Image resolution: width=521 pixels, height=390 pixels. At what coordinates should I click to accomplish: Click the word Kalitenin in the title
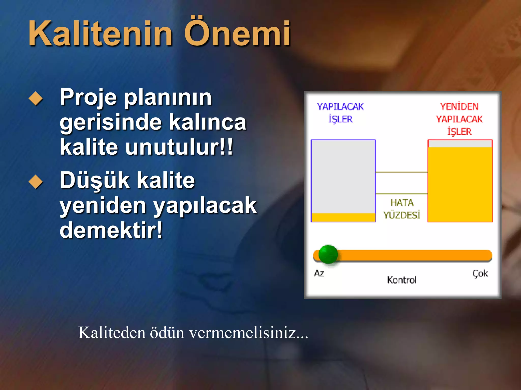click(100, 34)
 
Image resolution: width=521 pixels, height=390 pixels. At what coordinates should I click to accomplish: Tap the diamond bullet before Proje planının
click(36, 99)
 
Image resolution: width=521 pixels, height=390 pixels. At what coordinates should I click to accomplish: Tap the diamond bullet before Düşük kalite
click(36, 182)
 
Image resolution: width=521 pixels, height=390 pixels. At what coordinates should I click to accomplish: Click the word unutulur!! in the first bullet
click(179, 147)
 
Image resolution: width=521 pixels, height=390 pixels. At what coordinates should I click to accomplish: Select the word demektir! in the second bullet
click(111, 230)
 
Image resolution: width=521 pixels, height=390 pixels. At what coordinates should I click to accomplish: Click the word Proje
click(88, 97)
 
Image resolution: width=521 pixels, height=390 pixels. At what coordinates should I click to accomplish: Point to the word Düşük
click(95, 180)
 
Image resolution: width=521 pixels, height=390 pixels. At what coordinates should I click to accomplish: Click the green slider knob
click(328, 254)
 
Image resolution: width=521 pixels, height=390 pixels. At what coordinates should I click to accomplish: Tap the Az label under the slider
click(319, 273)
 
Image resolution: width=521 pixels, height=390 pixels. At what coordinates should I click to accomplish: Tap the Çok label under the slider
click(480, 273)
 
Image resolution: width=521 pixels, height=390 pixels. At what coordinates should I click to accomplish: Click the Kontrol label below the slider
click(402, 280)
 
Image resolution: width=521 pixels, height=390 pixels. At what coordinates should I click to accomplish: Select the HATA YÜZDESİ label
click(402, 209)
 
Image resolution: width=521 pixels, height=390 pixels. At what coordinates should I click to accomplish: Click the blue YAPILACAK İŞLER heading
click(340, 112)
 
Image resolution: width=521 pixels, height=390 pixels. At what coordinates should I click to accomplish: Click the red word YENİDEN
click(459, 106)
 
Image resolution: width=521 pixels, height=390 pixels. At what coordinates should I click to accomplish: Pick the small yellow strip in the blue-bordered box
click(343, 217)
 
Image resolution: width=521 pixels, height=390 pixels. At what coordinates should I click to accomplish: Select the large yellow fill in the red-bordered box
click(460, 184)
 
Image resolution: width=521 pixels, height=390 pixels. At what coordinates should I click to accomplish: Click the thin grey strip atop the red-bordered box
click(460, 144)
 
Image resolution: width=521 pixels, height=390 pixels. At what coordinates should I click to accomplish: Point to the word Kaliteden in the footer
click(111, 333)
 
